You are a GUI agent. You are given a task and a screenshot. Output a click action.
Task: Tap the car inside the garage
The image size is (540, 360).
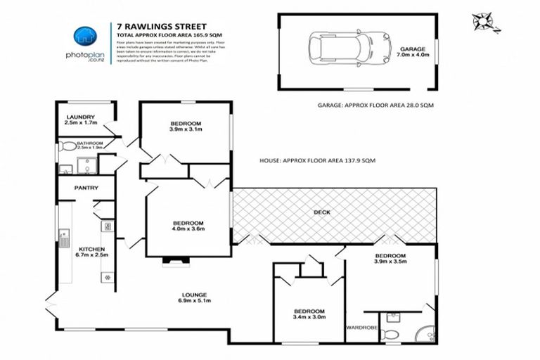[x=349, y=48]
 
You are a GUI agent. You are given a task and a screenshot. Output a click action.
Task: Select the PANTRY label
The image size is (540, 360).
[x=85, y=188]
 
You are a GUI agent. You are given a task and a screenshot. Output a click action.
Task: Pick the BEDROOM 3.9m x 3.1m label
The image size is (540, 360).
[x=186, y=127]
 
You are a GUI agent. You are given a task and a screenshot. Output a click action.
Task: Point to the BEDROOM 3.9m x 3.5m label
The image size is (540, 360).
[x=390, y=259]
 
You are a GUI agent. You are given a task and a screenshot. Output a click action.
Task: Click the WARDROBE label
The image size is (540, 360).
[x=361, y=328]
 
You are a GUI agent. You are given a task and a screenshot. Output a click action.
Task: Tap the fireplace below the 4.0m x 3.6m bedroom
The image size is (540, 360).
[x=173, y=262]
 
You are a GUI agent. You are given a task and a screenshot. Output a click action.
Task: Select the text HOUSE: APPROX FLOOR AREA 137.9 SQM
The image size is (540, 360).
[x=327, y=161]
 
